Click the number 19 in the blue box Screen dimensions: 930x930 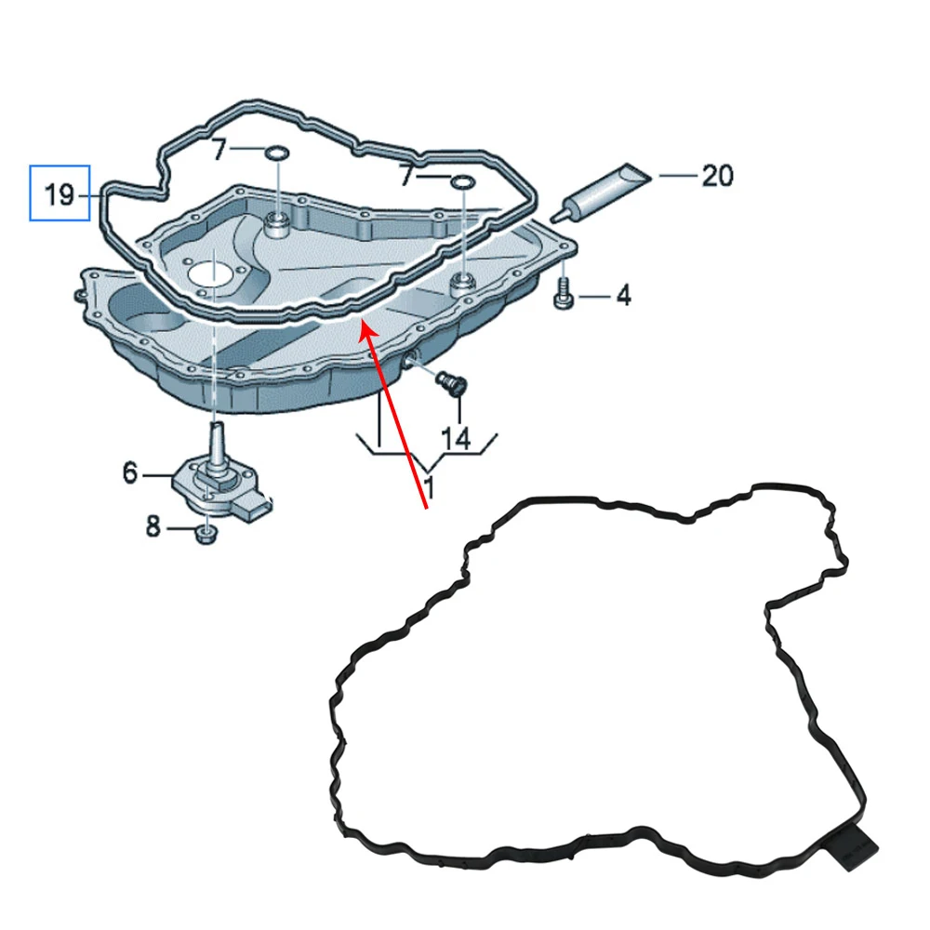[59, 194]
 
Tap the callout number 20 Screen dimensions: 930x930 [717, 175]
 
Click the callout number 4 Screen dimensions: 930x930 [623, 297]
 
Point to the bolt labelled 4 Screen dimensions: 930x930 [563, 296]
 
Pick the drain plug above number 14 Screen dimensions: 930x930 [452, 382]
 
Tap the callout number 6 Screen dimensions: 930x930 [130, 473]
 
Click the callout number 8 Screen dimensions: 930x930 [153, 528]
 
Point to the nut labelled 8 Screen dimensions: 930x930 [206, 532]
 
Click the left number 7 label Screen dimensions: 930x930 [219, 149]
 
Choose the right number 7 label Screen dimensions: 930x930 [406, 175]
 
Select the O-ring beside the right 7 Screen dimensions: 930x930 [462, 181]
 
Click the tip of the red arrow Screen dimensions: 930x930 [364, 323]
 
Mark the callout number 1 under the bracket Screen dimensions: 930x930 [429, 485]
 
